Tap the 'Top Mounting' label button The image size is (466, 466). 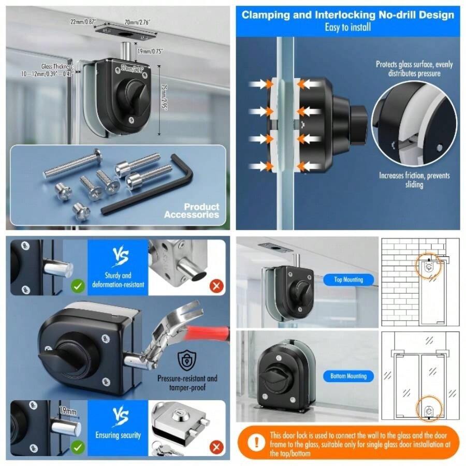point(349,280)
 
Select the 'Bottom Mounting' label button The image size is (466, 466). point(348,376)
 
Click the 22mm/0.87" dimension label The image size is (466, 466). point(83,21)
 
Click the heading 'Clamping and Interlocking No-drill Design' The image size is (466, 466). point(347,14)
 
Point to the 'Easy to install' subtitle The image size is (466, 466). point(347,27)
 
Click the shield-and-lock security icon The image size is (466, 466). point(185,359)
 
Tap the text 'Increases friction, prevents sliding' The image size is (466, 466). point(414,180)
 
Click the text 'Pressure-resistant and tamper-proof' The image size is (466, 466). point(187,383)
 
